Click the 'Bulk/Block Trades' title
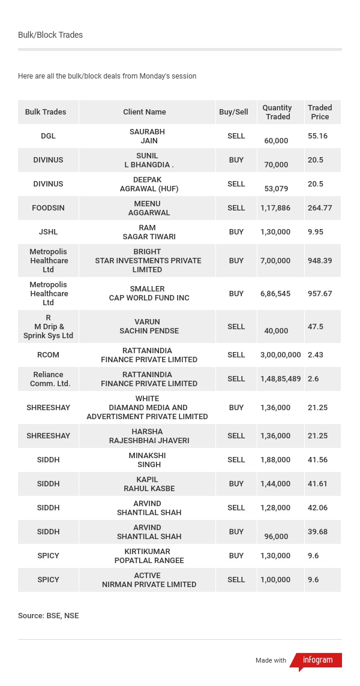[50, 35]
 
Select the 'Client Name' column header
[145, 112]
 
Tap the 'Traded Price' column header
[320, 112]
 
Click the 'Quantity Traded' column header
[277, 112]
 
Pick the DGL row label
[48, 136]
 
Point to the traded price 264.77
[320, 208]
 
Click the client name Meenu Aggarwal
[148, 208]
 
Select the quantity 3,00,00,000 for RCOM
[280, 355]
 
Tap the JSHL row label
[48, 232]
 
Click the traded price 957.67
[320, 294]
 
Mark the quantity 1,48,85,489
[280, 379]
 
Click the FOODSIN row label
[48, 208]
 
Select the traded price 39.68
[317, 532]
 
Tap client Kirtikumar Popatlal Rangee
[149, 556]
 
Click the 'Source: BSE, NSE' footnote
[48, 616]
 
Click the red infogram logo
[317, 660]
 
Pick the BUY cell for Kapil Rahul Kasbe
[236, 484]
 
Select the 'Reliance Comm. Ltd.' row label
[48, 379]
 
